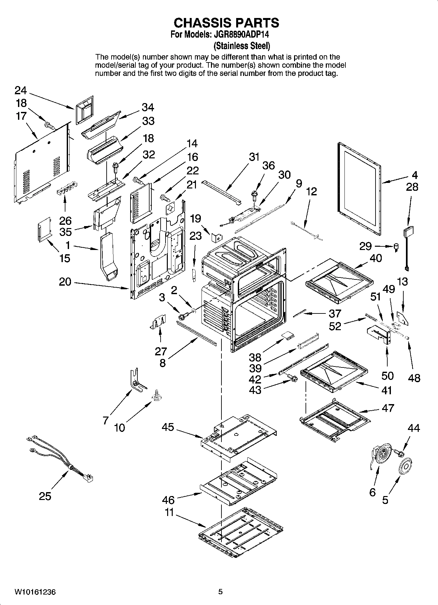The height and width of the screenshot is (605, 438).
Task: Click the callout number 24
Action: tap(21, 91)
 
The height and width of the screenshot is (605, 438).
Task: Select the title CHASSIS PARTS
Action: tap(226, 23)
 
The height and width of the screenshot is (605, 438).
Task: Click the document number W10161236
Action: tap(35, 592)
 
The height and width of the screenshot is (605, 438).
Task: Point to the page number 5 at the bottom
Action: tap(220, 592)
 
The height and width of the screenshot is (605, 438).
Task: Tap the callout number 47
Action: tap(388, 408)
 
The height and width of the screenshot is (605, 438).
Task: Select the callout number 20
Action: tap(65, 281)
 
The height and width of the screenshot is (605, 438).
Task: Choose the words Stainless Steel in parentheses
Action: tap(241, 45)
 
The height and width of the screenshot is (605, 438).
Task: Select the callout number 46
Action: tap(168, 500)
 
